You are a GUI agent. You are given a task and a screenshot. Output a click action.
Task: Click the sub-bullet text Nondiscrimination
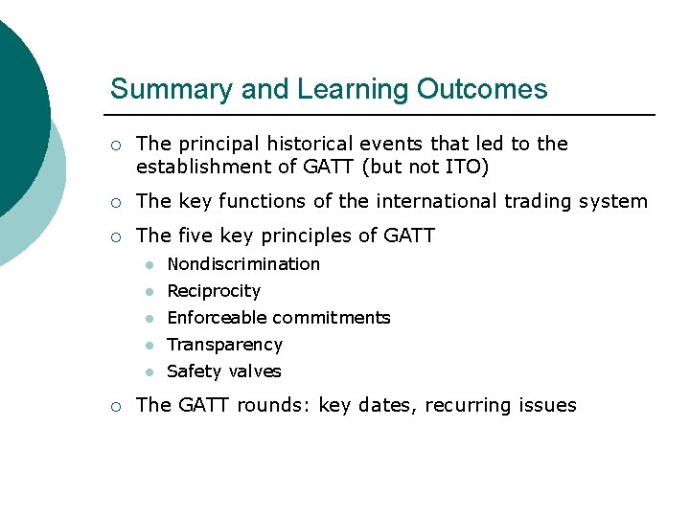click(x=243, y=264)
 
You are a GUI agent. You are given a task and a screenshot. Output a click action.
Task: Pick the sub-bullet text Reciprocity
click(x=214, y=291)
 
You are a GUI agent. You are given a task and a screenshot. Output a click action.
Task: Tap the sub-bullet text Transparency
click(x=225, y=345)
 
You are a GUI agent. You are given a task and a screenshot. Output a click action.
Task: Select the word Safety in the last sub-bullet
click(x=193, y=371)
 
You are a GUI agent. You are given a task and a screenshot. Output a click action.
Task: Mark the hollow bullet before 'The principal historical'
click(x=115, y=146)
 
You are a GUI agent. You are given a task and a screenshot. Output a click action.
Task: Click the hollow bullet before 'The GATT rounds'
click(x=115, y=406)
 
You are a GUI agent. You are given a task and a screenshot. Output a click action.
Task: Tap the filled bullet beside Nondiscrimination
click(x=149, y=265)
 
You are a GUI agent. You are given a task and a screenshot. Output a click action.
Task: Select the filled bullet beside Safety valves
click(x=149, y=372)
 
